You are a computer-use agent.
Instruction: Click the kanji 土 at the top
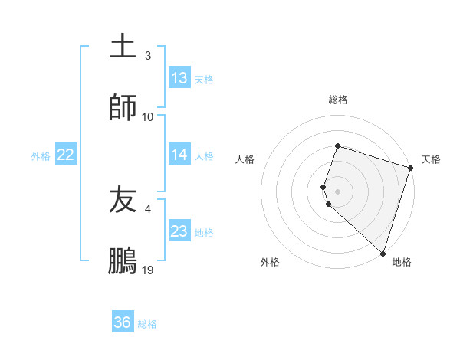point(123,46)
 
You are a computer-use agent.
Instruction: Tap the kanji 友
point(123,200)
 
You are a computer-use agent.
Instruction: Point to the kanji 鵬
point(123,261)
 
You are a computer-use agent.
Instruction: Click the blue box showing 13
point(179,78)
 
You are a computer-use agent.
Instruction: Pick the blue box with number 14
point(179,155)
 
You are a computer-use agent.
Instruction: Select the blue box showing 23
point(179,231)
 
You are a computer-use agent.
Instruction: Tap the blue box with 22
point(66,155)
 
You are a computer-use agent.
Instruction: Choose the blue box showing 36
point(123,322)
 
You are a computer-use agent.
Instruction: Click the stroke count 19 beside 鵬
point(149,270)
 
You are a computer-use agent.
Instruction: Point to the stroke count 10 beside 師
point(148,116)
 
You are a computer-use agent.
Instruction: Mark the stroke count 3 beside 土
point(148,55)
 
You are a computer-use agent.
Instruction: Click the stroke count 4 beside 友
point(148,208)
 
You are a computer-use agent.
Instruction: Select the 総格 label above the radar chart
point(338,100)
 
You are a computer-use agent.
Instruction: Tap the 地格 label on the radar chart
point(402,262)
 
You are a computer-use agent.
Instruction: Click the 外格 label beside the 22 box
point(41,155)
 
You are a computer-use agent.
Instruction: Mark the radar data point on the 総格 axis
point(337,146)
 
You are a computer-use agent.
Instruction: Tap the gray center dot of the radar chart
point(338,191)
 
